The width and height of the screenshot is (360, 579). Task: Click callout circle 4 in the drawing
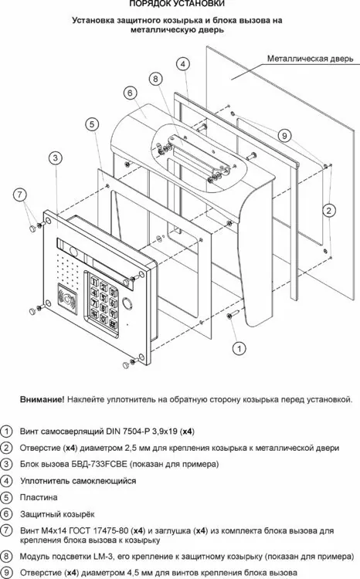[182, 64]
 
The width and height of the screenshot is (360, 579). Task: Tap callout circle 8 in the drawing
[155, 79]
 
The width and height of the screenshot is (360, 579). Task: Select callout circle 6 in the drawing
[130, 93]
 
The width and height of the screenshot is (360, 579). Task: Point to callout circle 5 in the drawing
[92, 124]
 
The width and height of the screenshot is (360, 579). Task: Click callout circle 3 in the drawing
[55, 158]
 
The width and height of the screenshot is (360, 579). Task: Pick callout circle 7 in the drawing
[20, 195]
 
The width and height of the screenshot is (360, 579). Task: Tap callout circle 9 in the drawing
[284, 136]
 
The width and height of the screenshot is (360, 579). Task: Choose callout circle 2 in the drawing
[328, 211]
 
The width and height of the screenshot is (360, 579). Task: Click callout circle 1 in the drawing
[239, 348]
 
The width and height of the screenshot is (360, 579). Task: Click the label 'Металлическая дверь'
[310, 59]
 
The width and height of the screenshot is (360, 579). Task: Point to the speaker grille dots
[68, 268]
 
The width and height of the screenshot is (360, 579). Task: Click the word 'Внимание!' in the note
[42, 400]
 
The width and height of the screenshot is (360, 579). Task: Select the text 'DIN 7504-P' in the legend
[126, 431]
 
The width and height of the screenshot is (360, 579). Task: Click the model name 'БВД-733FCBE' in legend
[99, 464]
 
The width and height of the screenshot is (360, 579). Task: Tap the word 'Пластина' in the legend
[39, 497]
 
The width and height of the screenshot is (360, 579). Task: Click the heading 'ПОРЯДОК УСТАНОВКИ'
[177, 3]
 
